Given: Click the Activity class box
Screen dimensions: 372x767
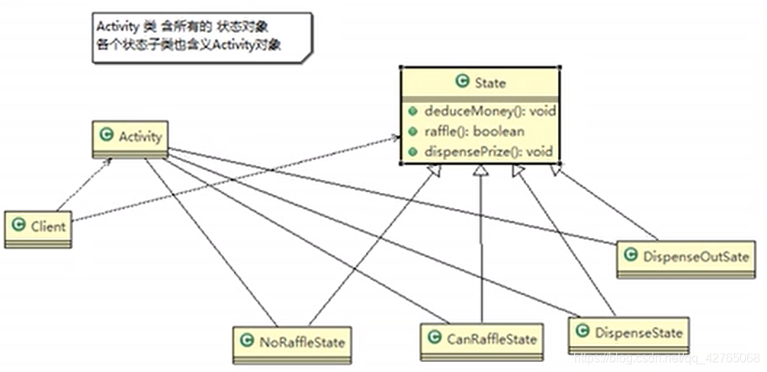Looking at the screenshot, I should pyautogui.click(x=130, y=138).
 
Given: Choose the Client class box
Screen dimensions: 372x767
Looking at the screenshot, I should pyautogui.click(x=38, y=227).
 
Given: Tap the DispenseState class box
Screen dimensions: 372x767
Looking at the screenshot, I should pyautogui.click(x=628, y=332).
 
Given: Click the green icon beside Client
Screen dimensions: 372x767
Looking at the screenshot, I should pyautogui.click(x=19, y=226).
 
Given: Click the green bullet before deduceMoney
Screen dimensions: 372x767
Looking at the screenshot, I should pyautogui.click(x=411, y=112).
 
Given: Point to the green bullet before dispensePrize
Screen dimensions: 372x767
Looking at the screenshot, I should pyautogui.click(x=411, y=151).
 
